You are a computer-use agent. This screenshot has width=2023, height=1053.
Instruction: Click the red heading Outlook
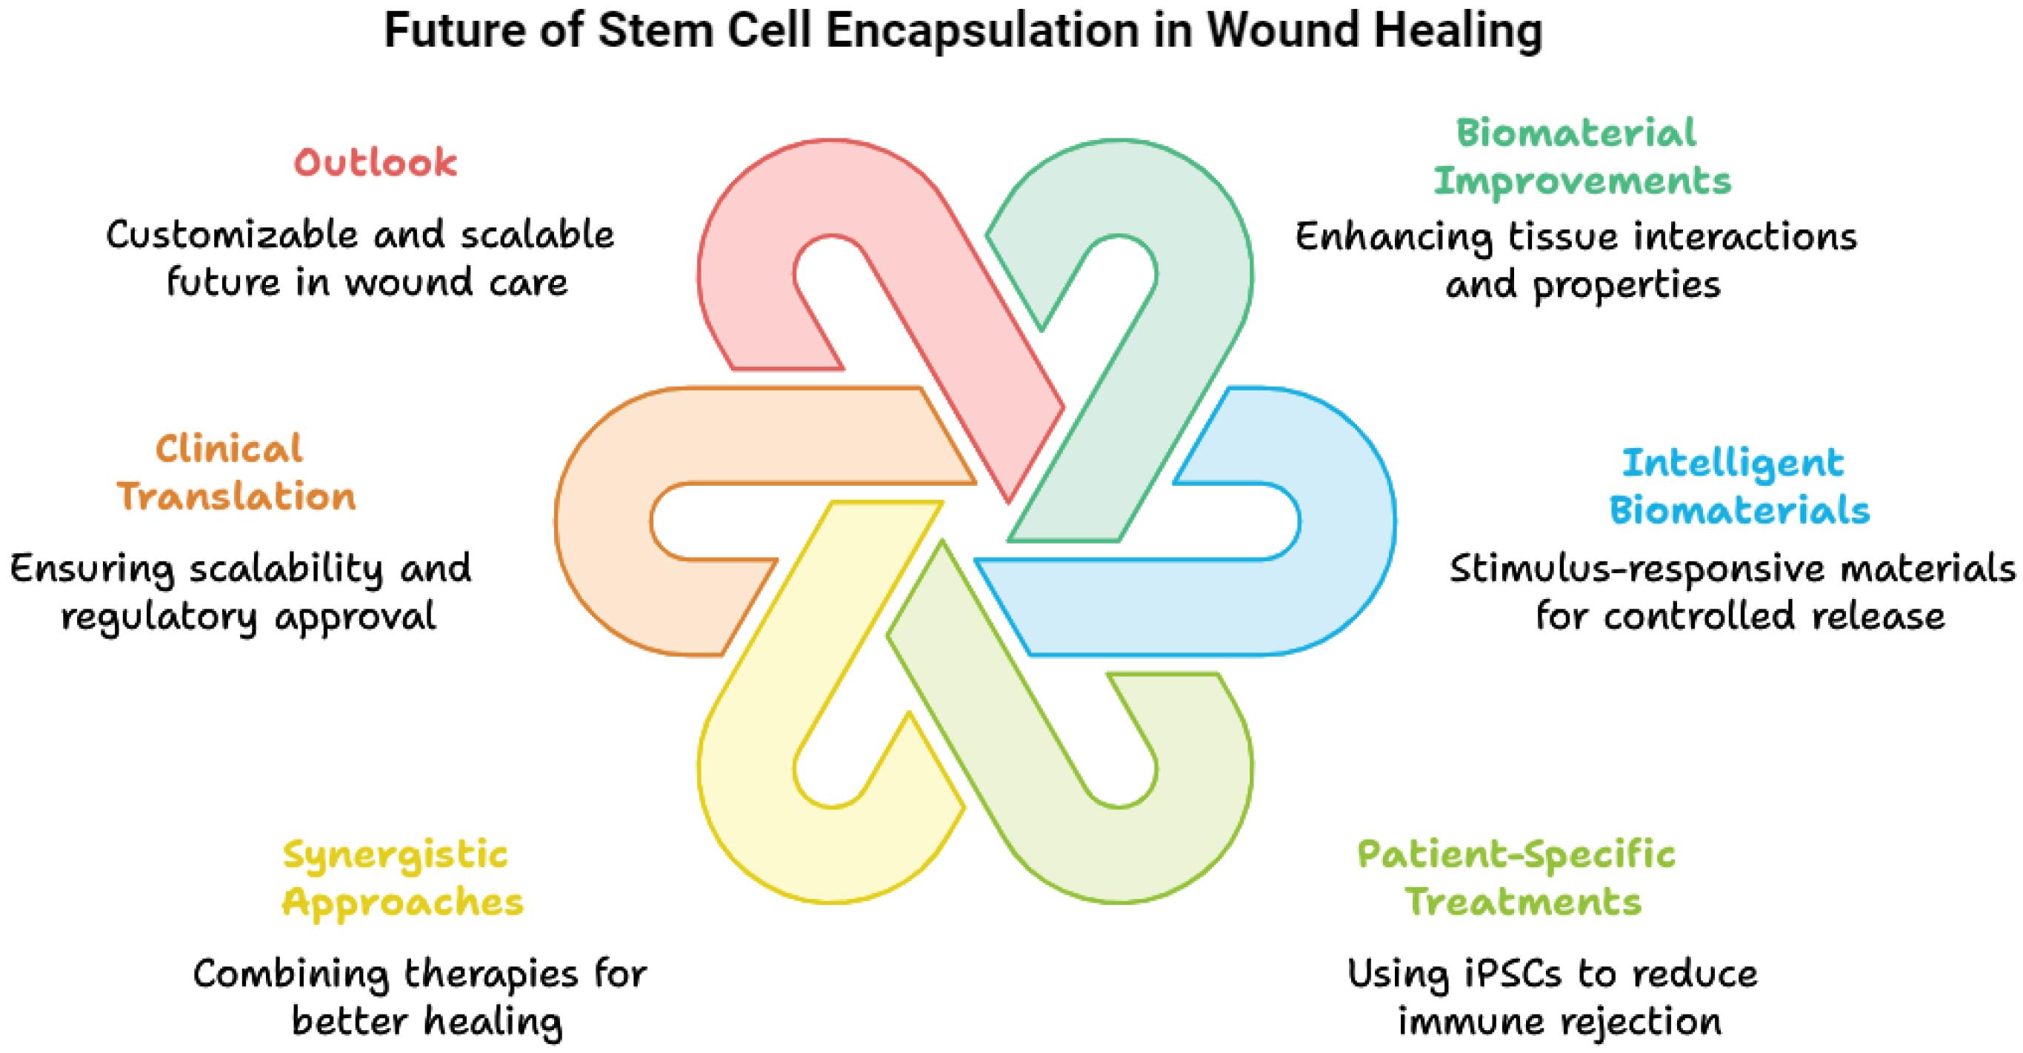(x=376, y=164)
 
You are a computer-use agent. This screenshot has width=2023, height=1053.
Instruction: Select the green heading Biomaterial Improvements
(x=1582, y=157)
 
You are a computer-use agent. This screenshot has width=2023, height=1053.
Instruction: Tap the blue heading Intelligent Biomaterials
(x=1739, y=487)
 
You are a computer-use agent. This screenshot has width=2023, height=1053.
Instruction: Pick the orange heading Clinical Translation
(x=236, y=474)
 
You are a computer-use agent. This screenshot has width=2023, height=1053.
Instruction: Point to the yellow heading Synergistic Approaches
(x=402, y=879)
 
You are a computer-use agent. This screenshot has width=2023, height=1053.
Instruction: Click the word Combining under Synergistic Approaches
(x=291, y=975)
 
